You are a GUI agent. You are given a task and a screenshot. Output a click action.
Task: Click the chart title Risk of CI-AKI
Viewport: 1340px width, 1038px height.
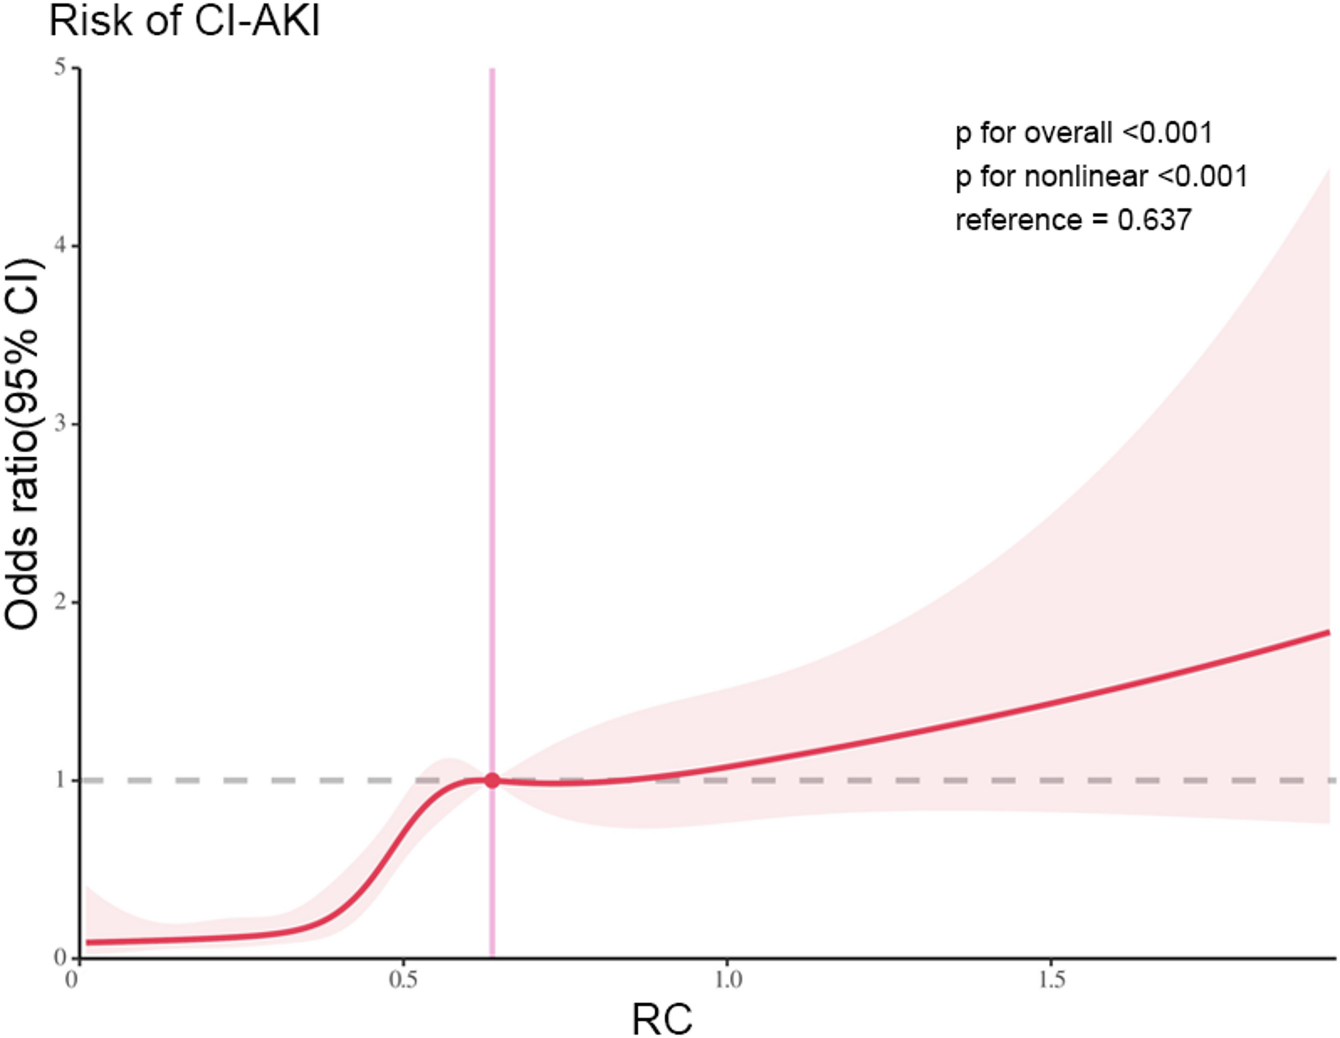(185, 21)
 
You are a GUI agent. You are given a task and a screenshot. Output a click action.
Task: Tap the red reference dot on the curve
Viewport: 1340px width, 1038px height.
(492, 780)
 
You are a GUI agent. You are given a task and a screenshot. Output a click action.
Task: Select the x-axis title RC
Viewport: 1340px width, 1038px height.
(661, 1019)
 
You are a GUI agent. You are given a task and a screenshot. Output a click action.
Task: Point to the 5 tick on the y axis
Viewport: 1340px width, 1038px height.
(61, 67)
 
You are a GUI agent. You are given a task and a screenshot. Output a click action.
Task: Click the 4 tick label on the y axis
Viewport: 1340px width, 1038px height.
(61, 246)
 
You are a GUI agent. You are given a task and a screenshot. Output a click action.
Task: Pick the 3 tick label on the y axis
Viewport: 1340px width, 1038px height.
(61, 424)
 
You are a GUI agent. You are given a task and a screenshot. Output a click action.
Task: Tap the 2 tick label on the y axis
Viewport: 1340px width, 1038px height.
(61, 601)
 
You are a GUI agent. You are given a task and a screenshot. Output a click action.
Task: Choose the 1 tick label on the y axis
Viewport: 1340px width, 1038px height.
(61, 780)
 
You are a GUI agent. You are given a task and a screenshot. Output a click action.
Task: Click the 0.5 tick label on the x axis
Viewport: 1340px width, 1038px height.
(402, 980)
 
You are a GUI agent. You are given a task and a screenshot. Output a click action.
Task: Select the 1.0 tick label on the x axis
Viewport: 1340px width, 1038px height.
(727, 980)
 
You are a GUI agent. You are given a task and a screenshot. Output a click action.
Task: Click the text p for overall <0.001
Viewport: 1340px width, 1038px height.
(1083, 133)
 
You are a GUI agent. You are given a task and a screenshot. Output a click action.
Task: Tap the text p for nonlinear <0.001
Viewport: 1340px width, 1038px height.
(1101, 177)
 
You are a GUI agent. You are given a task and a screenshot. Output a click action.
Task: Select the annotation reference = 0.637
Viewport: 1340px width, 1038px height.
(1073, 220)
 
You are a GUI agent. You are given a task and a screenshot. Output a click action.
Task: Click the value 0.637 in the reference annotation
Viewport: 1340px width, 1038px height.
(1154, 220)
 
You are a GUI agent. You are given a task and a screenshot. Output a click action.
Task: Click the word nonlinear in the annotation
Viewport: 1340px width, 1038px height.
(1086, 177)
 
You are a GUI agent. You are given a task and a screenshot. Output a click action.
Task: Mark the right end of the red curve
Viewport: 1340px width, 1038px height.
(1328, 632)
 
